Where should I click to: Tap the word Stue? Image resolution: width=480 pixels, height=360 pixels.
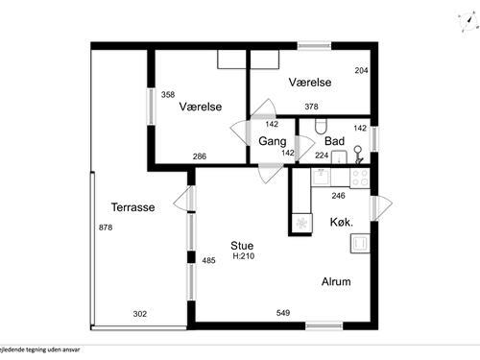242,245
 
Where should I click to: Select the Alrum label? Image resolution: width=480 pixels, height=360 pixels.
335,282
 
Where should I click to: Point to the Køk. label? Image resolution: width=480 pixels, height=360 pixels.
341,222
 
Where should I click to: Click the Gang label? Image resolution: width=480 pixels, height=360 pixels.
273,141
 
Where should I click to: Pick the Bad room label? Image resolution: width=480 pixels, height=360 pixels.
334,141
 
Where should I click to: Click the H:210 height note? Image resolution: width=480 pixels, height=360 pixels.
242,256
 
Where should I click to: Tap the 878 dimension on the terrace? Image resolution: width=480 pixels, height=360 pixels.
106,227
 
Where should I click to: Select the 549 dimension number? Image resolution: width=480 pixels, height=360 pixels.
283,313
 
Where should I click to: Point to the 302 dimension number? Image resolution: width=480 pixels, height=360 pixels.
139,313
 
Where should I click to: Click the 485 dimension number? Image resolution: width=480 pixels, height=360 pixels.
208,260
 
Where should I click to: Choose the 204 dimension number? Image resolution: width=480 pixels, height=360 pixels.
361,71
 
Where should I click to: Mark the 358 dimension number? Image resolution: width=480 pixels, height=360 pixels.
168,94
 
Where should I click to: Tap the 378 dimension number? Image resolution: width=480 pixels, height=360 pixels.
311,107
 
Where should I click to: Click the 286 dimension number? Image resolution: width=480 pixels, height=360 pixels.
199,156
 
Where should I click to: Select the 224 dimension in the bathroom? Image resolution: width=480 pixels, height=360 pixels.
322,156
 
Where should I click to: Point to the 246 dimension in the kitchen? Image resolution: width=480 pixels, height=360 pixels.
338,196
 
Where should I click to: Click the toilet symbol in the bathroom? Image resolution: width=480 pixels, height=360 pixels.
321,125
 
